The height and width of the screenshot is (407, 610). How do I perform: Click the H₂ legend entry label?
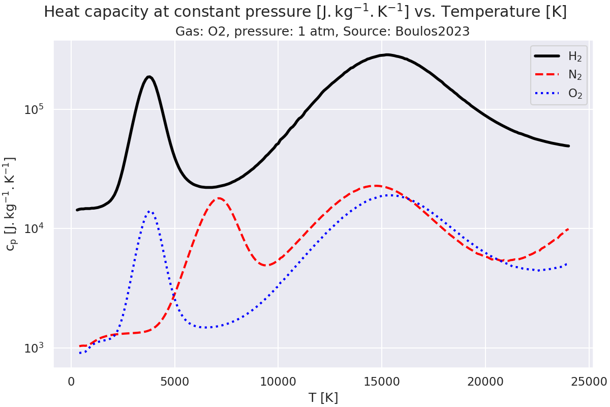575,56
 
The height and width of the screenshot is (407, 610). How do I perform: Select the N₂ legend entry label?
575,75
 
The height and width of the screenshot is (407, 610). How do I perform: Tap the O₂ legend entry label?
575,94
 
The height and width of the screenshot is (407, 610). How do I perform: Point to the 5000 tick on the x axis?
174,381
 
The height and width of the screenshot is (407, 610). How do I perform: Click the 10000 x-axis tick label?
278,381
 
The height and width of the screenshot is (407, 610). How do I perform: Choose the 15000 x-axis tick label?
381,381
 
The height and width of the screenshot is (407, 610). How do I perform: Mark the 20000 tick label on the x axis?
485,381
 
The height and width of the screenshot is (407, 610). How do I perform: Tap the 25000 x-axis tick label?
589,381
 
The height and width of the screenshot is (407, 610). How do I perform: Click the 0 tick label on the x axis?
71,381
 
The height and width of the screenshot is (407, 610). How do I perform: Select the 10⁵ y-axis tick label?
35,109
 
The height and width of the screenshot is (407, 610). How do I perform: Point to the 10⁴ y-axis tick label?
35,228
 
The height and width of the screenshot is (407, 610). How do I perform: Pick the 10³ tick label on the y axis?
35,348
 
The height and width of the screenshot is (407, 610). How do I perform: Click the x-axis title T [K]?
323,397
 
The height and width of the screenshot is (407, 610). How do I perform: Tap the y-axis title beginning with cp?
11,203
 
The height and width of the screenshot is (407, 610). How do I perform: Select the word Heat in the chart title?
60,12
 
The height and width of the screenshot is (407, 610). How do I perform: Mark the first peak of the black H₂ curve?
149,77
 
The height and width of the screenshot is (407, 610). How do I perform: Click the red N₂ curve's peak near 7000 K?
219,198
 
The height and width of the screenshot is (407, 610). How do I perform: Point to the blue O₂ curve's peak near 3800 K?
149,211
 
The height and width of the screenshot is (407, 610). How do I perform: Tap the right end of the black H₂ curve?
568,146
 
